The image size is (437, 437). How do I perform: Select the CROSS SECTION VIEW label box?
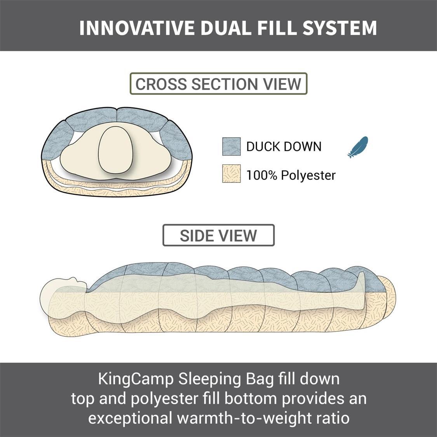(x=218, y=84)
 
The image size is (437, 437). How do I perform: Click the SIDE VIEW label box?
(x=218, y=235)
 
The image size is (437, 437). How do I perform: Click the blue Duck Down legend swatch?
(x=232, y=146)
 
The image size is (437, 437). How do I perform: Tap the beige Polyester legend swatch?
(x=232, y=174)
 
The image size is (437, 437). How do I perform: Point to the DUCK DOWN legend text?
(x=284, y=146)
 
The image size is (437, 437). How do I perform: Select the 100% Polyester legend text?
(x=291, y=175)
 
